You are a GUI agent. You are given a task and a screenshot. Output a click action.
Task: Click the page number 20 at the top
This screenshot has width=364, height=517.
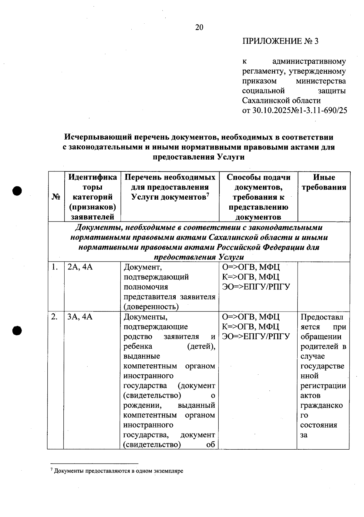click(199, 28)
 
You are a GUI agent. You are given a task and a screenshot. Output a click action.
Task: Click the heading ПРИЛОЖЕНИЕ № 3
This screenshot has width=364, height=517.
click(280, 41)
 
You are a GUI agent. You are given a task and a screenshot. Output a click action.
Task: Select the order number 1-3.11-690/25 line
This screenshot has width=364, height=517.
click(294, 110)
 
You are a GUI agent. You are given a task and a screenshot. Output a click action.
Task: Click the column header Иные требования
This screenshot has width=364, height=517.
click(324, 182)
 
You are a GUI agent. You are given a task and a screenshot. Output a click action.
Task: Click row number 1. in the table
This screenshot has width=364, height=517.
click(54, 267)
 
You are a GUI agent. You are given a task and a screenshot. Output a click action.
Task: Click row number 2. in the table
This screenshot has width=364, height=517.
click(54, 317)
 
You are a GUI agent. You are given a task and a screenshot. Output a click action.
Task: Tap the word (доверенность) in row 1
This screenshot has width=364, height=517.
click(151, 306)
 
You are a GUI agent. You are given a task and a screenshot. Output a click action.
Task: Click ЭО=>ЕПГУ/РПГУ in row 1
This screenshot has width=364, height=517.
click(256, 287)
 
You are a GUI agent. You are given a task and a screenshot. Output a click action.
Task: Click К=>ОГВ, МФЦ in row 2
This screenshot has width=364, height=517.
click(251, 326)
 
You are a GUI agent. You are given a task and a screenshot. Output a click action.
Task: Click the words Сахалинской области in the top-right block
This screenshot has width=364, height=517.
click(281, 100)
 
